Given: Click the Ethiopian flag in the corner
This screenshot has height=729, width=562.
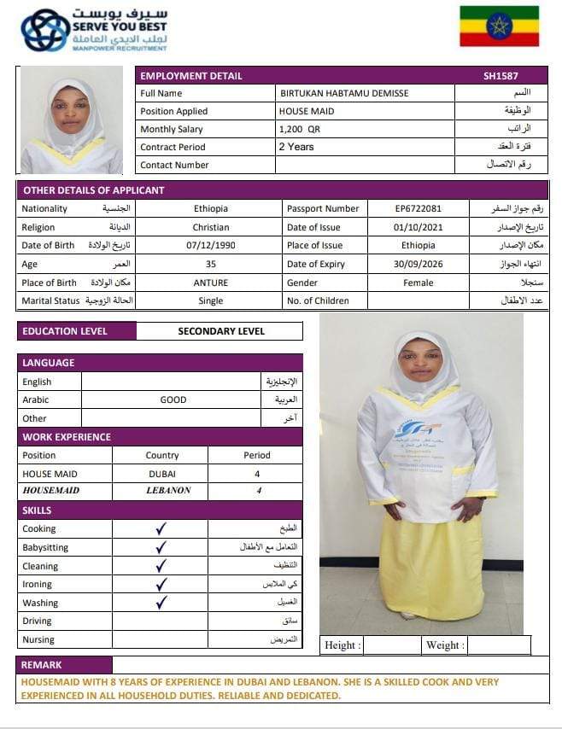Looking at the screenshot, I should click(x=499, y=26).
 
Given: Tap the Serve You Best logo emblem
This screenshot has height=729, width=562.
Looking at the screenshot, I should click(x=45, y=30).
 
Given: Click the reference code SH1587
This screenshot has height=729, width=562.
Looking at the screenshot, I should click(x=501, y=76).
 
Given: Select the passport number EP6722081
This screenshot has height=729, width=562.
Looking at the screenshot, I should click(x=419, y=208).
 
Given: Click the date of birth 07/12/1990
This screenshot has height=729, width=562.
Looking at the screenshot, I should click(x=210, y=246).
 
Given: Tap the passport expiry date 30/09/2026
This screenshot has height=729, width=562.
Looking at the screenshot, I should click(x=419, y=265).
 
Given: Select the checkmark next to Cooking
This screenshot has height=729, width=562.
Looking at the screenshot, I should click(x=161, y=528).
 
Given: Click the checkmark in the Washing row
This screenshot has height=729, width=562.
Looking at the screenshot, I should click(x=161, y=603).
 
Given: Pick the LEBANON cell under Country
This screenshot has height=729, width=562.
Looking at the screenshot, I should click(x=162, y=491).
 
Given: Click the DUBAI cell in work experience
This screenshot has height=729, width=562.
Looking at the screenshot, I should click(x=162, y=473).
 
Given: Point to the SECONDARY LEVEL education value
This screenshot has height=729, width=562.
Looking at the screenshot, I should click(x=220, y=331).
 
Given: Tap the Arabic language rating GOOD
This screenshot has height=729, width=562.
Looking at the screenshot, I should click(x=173, y=399).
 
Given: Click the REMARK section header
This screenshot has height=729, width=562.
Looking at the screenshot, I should click(x=43, y=665).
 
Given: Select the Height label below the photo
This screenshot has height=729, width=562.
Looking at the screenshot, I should click(x=342, y=645).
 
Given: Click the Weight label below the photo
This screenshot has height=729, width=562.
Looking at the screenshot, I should click(x=445, y=645).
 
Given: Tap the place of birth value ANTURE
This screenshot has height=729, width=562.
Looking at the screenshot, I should click(x=210, y=283).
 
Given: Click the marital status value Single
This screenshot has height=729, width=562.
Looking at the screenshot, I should click(x=210, y=301).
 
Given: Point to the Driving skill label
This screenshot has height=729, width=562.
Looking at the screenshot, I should click(x=37, y=621).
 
